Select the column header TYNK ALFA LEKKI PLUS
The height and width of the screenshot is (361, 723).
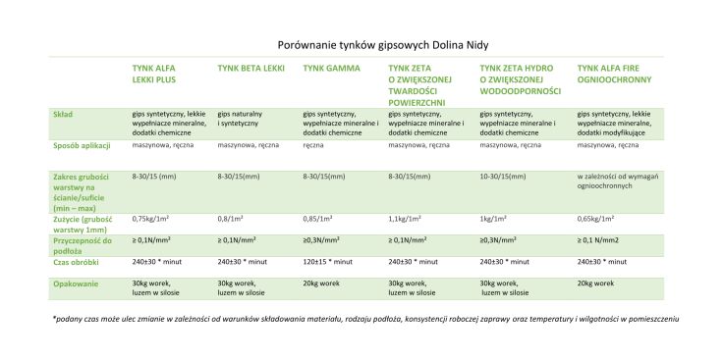[x=161, y=73]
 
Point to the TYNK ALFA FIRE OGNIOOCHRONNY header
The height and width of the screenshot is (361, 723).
[x=613, y=73]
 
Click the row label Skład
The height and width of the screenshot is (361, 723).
[x=64, y=114]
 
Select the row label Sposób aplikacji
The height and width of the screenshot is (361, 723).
[x=81, y=145]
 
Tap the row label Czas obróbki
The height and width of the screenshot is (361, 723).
[x=76, y=262]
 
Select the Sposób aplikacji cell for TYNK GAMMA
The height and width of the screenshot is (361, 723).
[x=313, y=145]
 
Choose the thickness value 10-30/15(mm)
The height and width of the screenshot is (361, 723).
[x=507, y=177]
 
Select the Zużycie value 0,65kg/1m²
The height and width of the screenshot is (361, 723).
[x=602, y=220]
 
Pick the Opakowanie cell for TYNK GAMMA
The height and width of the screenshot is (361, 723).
[x=324, y=283]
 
